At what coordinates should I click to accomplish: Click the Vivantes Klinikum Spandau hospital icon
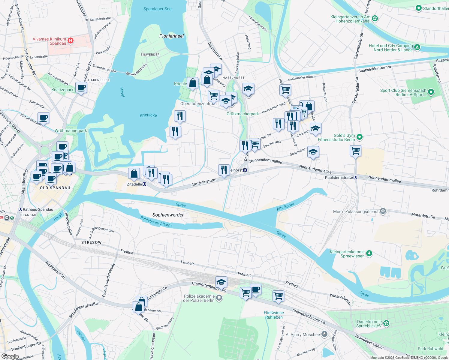[71, 40]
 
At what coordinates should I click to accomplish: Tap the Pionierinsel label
[171, 36]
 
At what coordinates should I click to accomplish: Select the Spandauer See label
[157, 9]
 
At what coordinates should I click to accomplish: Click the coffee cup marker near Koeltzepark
[81, 88]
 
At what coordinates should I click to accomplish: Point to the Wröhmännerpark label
[71, 130]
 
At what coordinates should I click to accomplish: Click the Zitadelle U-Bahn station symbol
[144, 184]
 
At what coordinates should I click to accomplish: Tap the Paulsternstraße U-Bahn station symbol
[355, 178]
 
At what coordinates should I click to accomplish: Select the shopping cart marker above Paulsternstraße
[355, 150]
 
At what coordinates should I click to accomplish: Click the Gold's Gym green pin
[360, 137]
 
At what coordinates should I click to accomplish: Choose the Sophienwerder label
[168, 215]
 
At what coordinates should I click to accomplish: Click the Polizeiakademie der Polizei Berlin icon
[219, 298]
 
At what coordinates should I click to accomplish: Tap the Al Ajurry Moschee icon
[324, 334]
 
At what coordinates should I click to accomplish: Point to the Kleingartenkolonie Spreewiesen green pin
[369, 253]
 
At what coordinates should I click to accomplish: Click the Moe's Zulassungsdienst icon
[383, 211]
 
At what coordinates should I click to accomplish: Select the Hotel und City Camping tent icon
[417, 47]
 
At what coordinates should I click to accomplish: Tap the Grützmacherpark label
[243, 114]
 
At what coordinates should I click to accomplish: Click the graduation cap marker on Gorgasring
[313, 152]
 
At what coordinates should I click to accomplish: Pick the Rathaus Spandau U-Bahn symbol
[20, 209]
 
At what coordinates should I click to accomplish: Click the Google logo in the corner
[10, 356]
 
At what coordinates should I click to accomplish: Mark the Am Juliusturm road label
[204, 182]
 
